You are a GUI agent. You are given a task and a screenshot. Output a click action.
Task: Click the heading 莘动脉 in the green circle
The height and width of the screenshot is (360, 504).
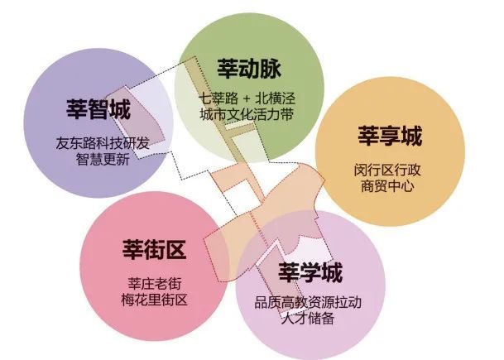[x=249, y=68]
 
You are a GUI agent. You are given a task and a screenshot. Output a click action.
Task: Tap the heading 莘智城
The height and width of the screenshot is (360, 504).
[x=98, y=109]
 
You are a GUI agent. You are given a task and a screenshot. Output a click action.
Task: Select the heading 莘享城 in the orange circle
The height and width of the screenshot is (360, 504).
[x=390, y=136]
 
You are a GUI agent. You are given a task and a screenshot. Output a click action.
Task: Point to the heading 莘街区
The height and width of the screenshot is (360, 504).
[x=154, y=249]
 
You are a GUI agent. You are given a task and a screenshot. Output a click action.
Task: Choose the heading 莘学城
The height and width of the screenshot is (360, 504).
[x=310, y=272]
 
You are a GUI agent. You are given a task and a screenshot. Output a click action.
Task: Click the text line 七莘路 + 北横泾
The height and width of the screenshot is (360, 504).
[x=247, y=98]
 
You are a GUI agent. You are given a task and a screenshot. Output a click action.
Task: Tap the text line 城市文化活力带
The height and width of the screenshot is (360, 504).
[x=247, y=114]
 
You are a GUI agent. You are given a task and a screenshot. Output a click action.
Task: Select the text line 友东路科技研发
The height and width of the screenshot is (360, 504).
[x=103, y=143]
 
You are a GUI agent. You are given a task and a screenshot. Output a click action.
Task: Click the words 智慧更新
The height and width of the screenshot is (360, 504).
[x=103, y=159]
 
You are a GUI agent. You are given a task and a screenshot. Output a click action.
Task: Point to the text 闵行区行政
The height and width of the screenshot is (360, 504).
[x=387, y=170]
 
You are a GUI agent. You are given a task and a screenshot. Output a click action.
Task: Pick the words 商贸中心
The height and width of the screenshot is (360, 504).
[x=387, y=186]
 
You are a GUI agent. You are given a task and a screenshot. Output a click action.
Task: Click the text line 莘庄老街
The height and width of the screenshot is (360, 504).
[x=155, y=284]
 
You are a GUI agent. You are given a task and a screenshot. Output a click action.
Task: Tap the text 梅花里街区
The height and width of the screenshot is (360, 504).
[x=154, y=300]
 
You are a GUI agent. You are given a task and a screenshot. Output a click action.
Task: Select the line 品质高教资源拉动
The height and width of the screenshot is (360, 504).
[x=308, y=302]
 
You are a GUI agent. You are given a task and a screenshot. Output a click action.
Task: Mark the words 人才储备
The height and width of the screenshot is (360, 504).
[x=308, y=319]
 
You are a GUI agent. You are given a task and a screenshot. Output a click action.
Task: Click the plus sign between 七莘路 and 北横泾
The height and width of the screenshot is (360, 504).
[x=247, y=98]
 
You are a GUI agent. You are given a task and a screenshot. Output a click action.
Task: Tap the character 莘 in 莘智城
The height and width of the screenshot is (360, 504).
[x=77, y=109]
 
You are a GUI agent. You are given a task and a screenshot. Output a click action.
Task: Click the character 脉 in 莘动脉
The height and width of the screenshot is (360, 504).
[x=271, y=68]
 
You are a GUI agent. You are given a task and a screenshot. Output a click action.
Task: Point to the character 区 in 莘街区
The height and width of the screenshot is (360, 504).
[x=175, y=249]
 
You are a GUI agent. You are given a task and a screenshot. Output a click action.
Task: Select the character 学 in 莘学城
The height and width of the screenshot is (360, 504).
[x=310, y=272]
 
